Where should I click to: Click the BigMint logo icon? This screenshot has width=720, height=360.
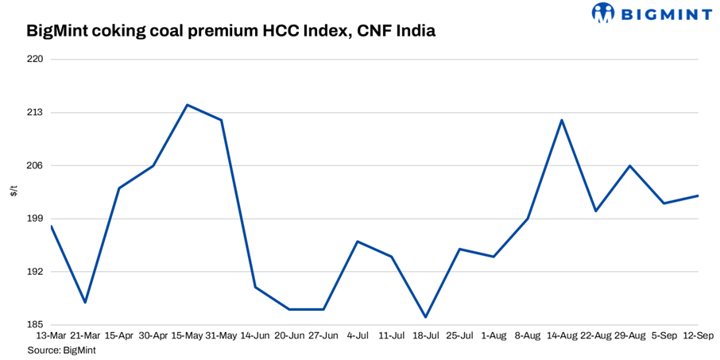tap(603, 13)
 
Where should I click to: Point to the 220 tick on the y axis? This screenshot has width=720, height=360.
tap(36, 60)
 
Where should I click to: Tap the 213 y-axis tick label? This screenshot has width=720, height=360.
tap(36, 113)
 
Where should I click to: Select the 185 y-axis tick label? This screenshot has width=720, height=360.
tap(36, 325)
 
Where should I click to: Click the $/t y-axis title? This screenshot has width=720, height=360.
tap(14, 192)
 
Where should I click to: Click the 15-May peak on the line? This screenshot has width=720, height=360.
tap(187, 105)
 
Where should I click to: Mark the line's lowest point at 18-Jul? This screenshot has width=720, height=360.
tap(426, 317)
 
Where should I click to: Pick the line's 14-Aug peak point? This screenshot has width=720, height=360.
tap(562, 120)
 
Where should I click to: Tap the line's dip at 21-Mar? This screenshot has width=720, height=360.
tap(85, 302)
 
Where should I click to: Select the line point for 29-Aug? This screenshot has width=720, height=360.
tap(630, 165)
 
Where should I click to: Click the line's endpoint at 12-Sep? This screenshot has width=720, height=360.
tap(698, 195)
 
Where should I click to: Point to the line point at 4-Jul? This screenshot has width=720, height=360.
tap(358, 242)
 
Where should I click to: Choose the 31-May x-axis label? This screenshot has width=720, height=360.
tap(221, 336)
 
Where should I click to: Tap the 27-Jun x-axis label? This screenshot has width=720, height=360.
tap(323, 336)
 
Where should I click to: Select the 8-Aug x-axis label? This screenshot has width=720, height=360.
tap(528, 336)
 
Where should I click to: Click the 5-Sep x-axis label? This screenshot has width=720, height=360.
tap(664, 336)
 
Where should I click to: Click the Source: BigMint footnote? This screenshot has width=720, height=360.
tap(61, 350)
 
